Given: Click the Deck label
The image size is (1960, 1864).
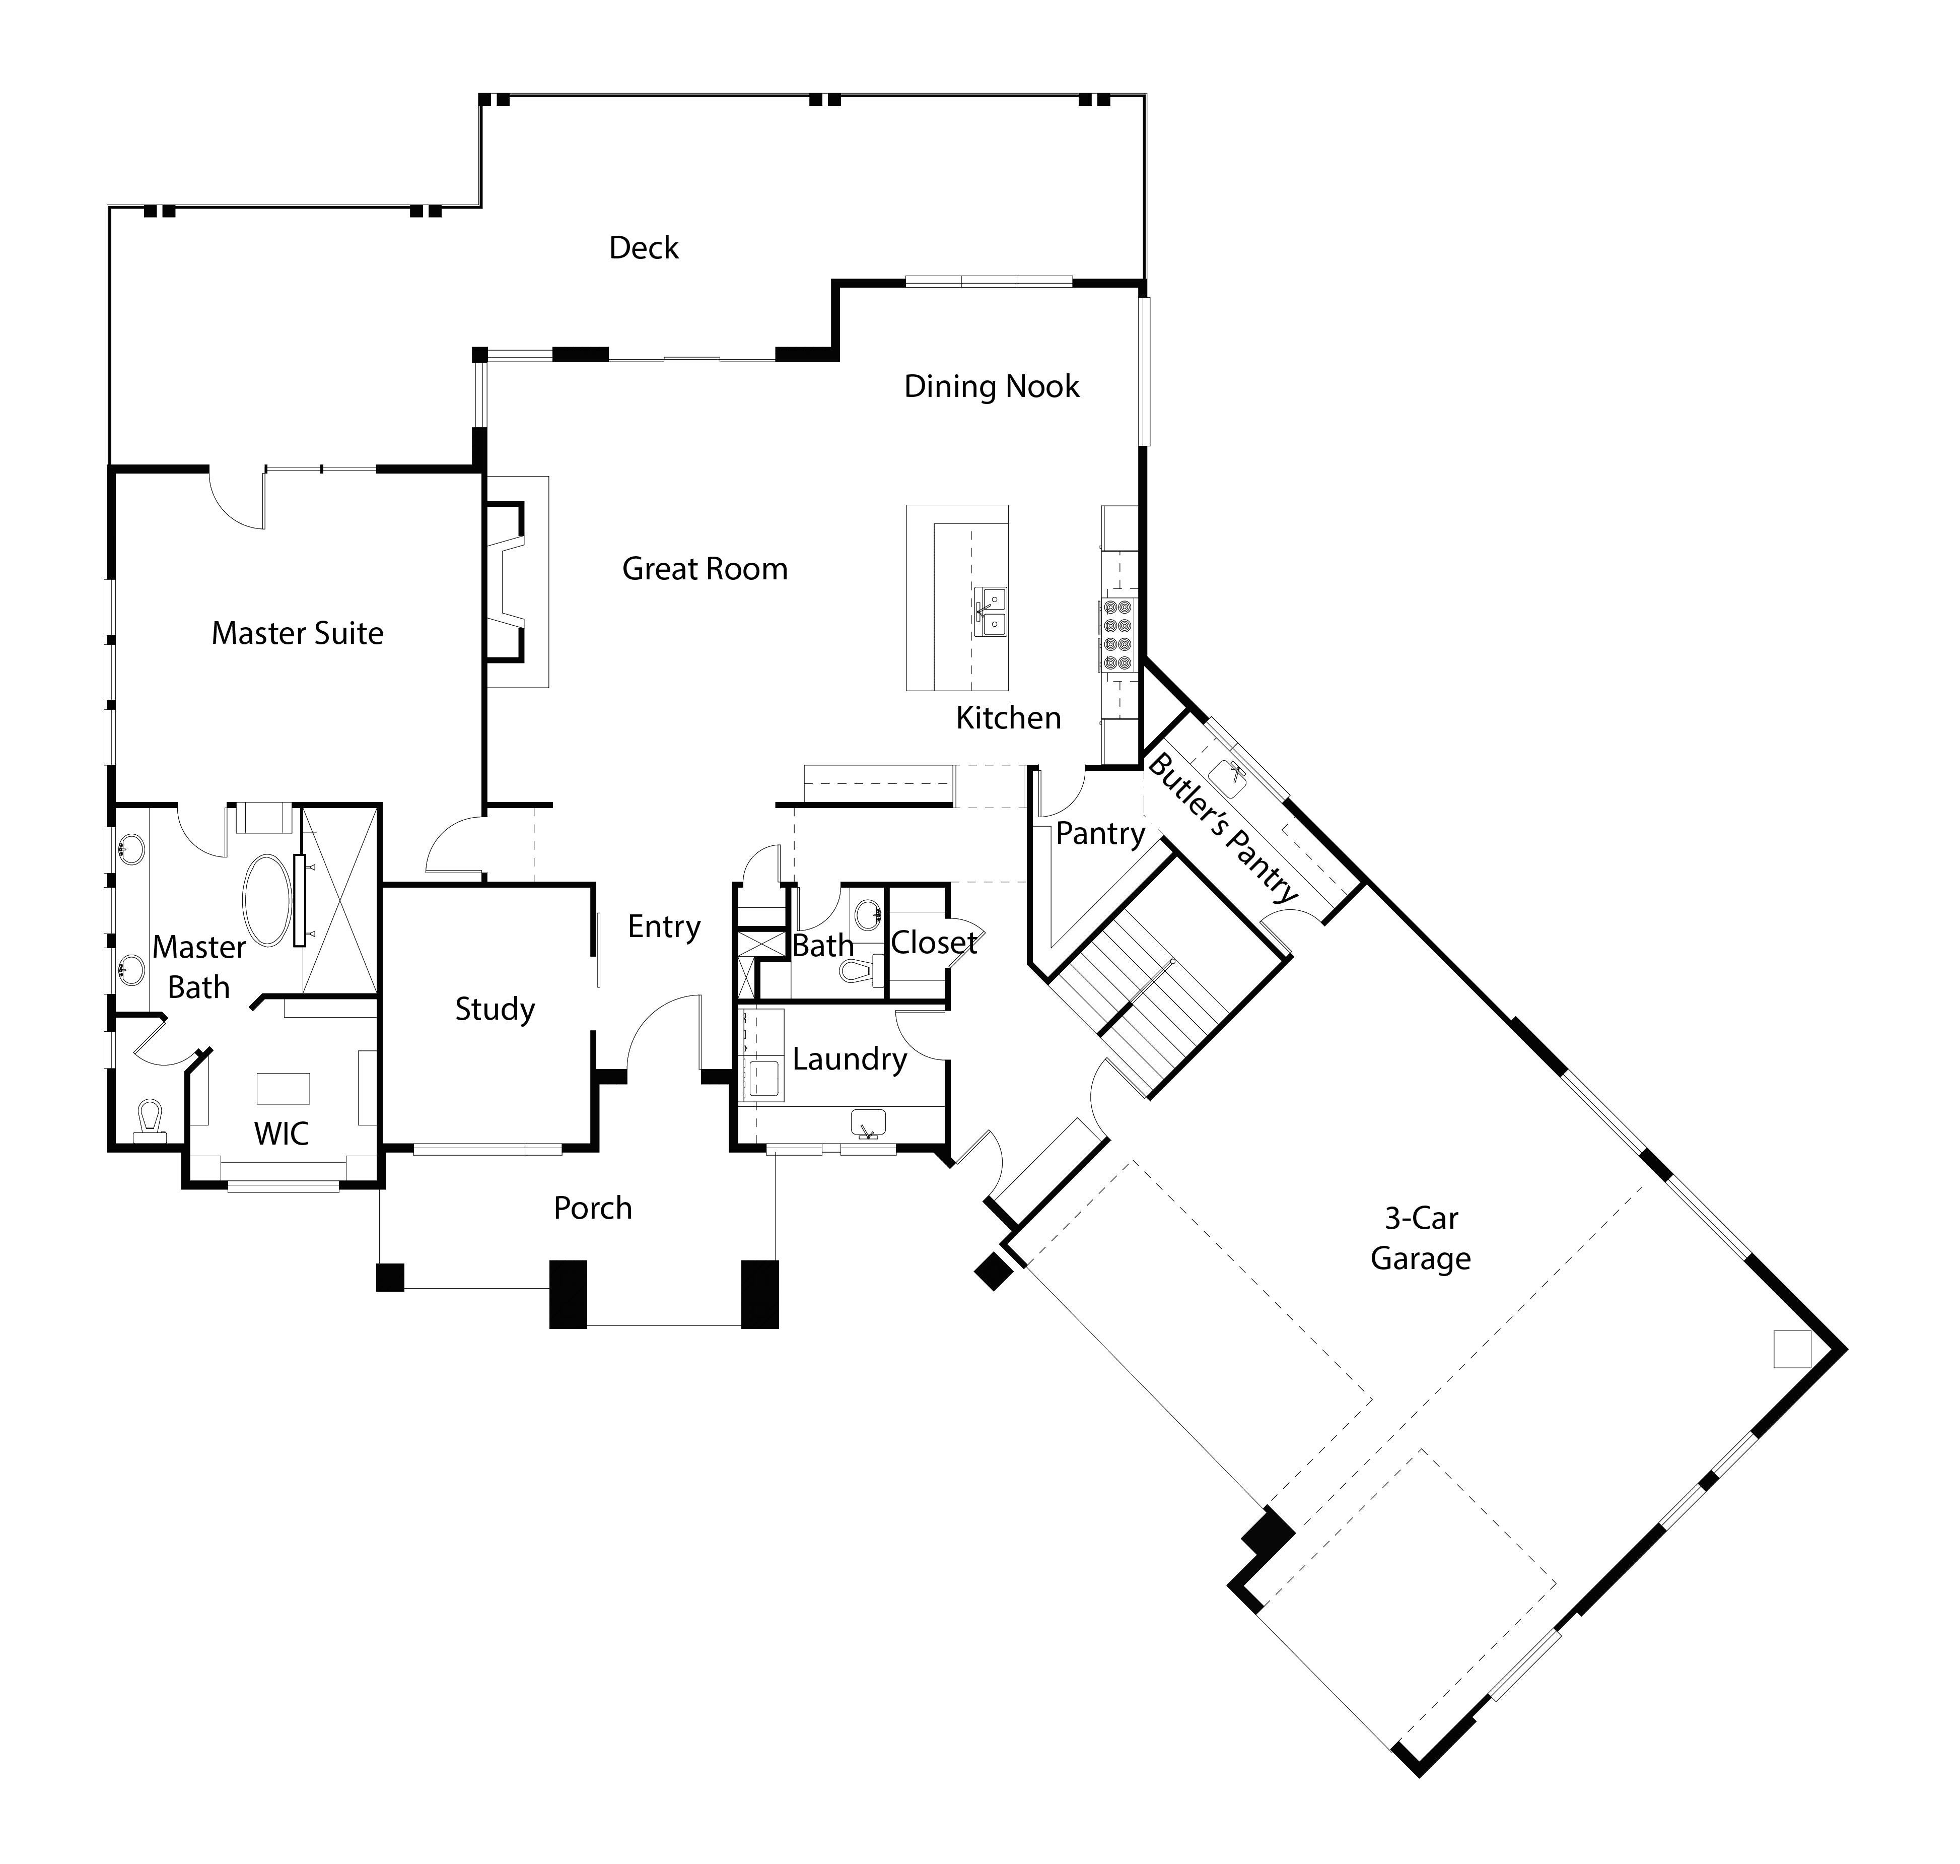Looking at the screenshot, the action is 644,247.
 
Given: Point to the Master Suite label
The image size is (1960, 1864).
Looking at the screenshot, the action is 297,633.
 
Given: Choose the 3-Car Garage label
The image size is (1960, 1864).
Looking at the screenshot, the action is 1421,1238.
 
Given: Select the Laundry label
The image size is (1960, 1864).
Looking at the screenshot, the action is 850,1059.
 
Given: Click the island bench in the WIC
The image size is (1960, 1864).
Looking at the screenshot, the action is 283,1088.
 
